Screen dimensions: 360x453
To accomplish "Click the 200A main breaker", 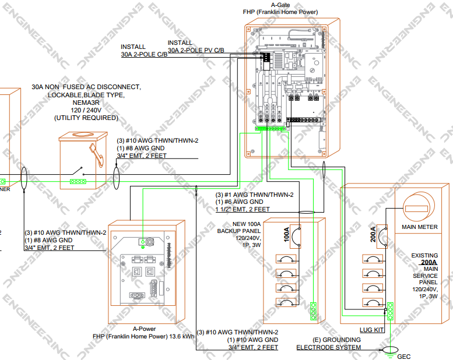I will click(x=382, y=235).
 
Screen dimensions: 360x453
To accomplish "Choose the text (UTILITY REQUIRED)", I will click(x=86, y=118).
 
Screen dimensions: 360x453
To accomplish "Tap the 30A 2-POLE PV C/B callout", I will click(x=196, y=51).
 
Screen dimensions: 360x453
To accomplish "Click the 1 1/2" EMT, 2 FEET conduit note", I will click(x=243, y=209).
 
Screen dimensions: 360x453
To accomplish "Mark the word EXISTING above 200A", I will click(x=424, y=256).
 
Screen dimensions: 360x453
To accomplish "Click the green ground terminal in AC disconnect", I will click(x=76, y=181).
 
